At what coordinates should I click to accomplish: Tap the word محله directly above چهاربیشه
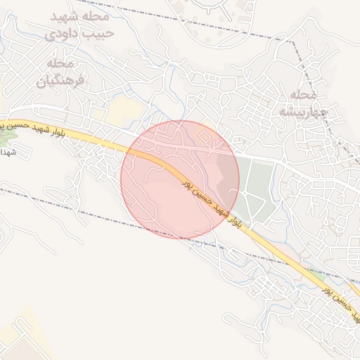[304, 94]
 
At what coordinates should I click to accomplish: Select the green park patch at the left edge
[6, 136]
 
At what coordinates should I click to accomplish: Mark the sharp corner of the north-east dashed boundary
[294, 40]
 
